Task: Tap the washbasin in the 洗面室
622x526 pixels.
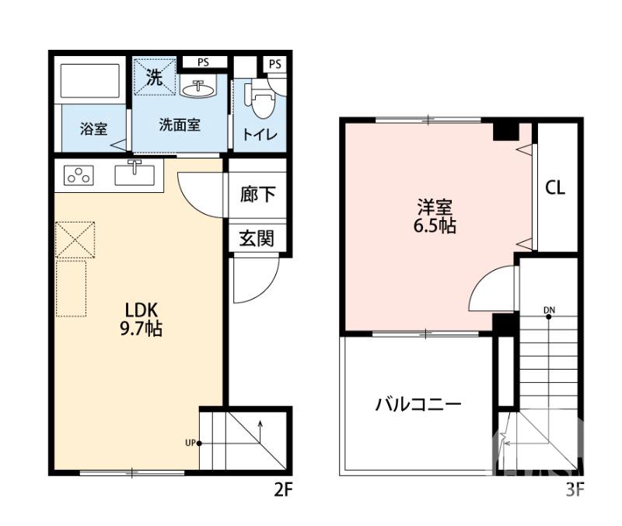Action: pos(199,89)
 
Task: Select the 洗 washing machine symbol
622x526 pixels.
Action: pos(154,78)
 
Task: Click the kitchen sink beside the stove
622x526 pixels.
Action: pos(135,174)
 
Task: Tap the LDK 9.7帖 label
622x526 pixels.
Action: pos(140,317)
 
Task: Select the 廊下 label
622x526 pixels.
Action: pos(257,195)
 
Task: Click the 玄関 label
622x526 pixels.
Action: pos(257,238)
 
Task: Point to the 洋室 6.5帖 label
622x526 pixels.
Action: pos(435,217)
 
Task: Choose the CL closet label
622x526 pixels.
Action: pos(554,188)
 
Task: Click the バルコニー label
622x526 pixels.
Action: pos(418,405)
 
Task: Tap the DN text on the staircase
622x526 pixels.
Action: pos(550,310)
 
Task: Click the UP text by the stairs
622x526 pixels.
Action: pos(190,444)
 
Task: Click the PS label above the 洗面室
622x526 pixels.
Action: pos(202,62)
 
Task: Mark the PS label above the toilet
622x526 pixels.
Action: pos(274,64)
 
